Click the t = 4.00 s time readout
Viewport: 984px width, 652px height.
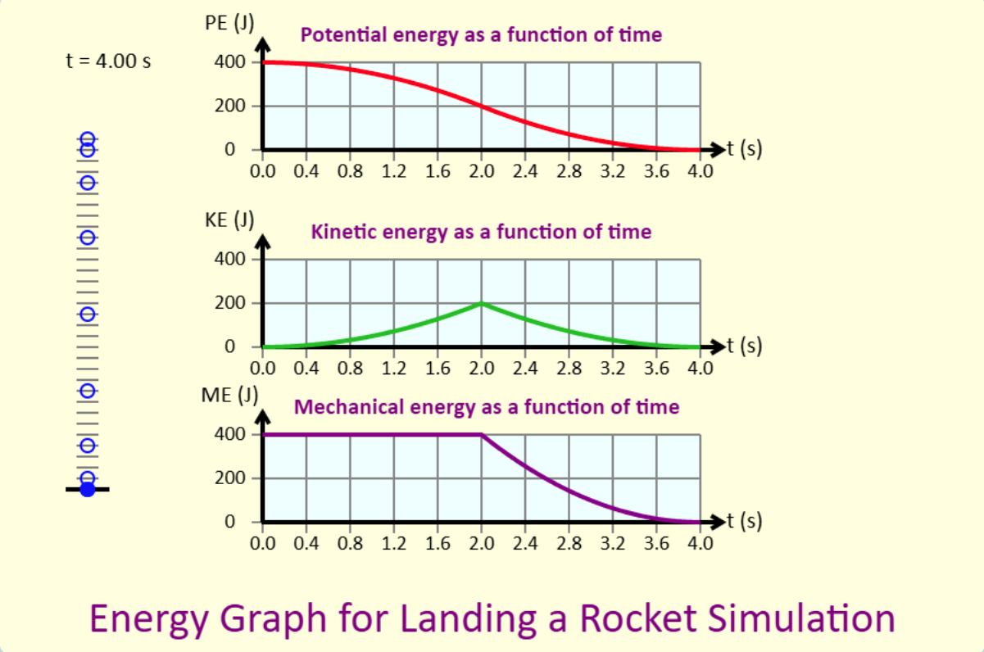[108, 61]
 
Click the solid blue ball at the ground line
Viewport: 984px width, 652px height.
[88, 490]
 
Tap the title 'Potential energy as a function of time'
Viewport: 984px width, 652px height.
[481, 35]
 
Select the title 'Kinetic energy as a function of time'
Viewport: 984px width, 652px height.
[481, 232]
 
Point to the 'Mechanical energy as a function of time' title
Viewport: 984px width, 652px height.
[486, 406]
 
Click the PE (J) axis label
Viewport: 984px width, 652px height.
[229, 23]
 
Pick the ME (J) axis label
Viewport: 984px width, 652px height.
[229, 395]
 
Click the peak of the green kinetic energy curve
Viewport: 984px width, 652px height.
[482, 303]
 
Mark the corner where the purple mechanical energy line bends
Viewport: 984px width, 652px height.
[482, 434]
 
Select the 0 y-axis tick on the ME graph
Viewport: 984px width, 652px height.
[230, 522]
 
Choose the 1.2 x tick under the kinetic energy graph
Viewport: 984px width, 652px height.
[394, 368]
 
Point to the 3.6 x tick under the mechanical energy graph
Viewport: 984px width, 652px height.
[657, 542]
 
